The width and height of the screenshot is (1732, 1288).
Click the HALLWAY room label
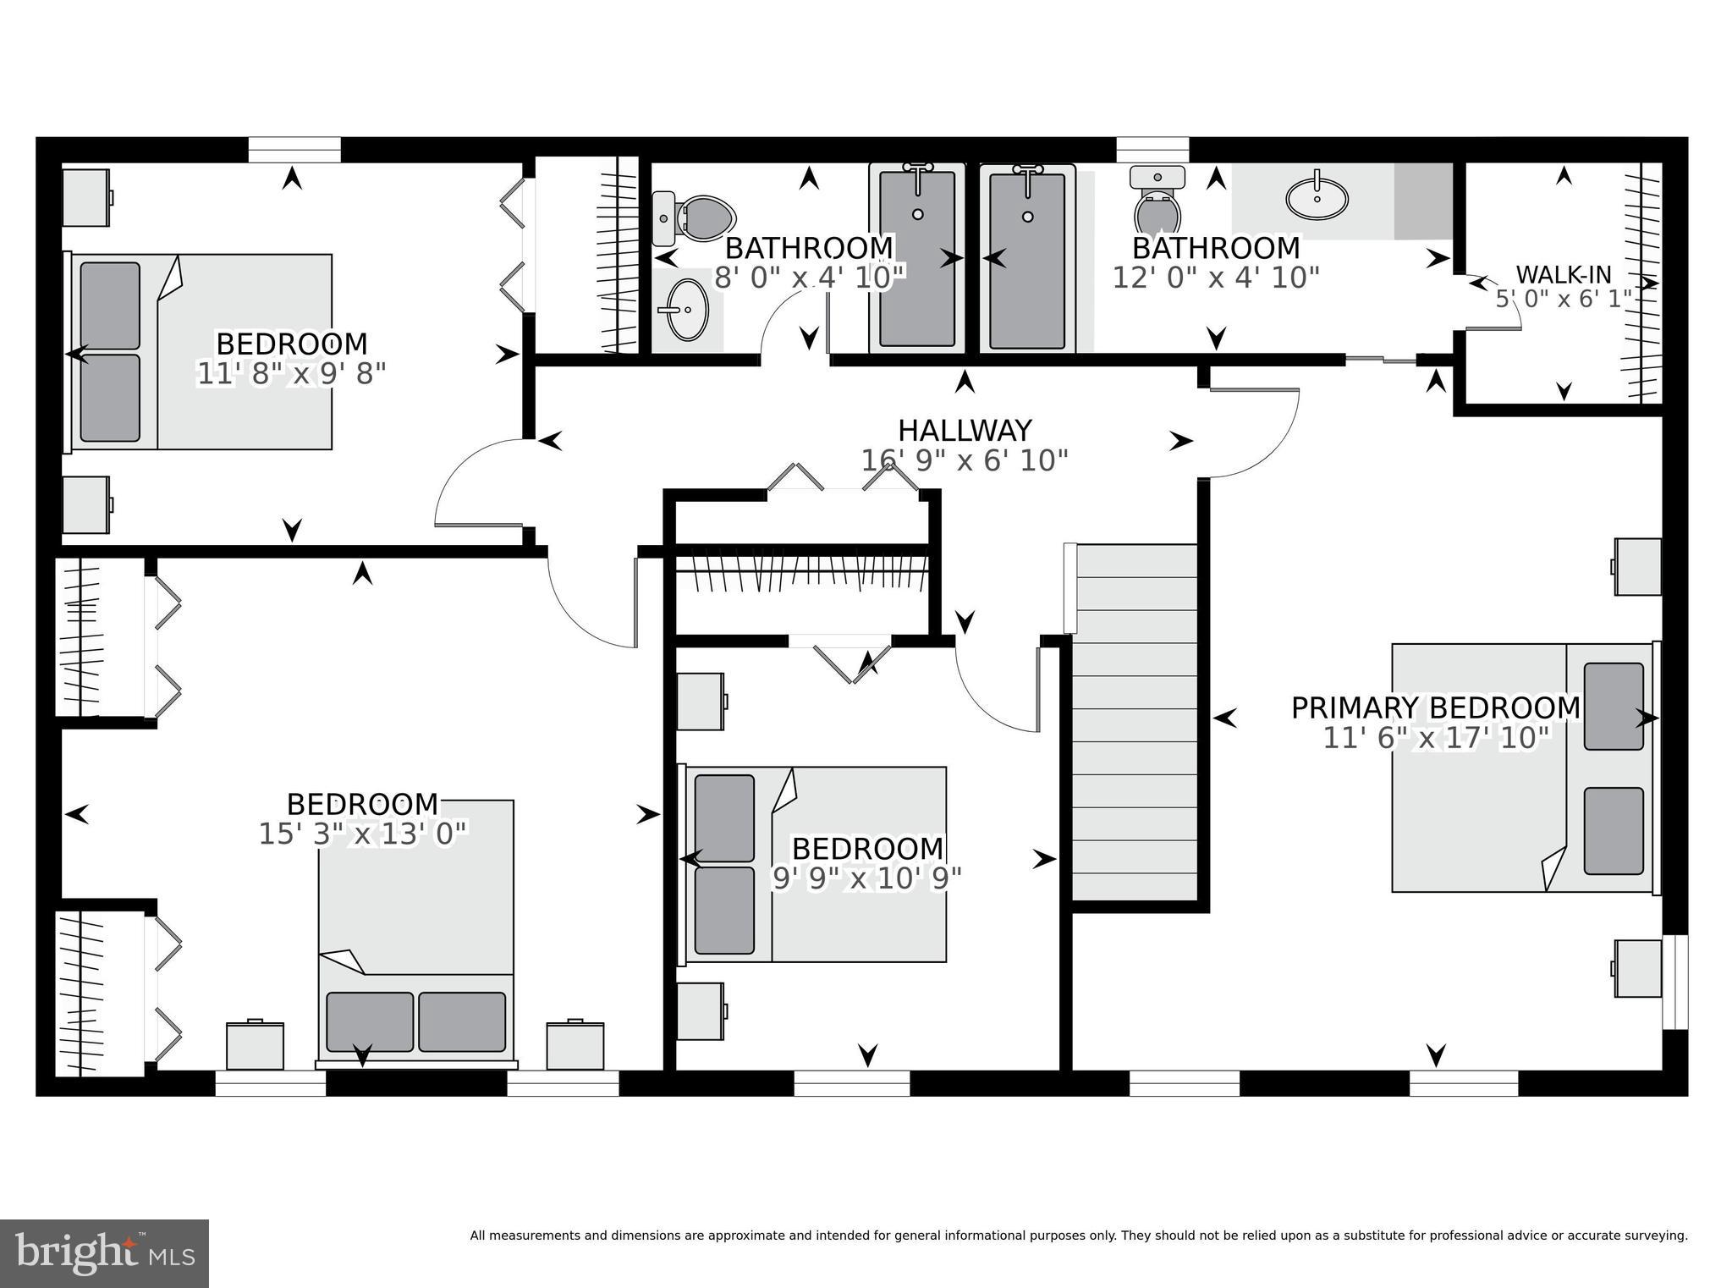(x=965, y=431)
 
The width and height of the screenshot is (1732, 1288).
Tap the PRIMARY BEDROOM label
(x=1435, y=707)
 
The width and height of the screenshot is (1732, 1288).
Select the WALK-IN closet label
(x=1564, y=274)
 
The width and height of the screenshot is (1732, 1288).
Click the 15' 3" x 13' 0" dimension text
(x=362, y=834)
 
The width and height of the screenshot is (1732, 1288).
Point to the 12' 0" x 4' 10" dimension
(x=1216, y=278)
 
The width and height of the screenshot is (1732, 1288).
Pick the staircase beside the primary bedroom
(x=1135, y=722)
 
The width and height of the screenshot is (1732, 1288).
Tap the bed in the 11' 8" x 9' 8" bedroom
(x=200, y=351)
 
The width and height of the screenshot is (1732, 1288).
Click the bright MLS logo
(x=104, y=1253)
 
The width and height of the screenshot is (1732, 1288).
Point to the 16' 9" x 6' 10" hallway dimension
(x=965, y=461)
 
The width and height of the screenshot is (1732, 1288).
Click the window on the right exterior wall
(x=1675, y=982)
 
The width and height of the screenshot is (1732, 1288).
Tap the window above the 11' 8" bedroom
(x=294, y=150)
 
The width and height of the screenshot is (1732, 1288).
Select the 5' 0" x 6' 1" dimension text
(x=1564, y=300)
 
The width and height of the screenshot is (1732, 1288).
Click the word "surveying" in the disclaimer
(x=1657, y=1236)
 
